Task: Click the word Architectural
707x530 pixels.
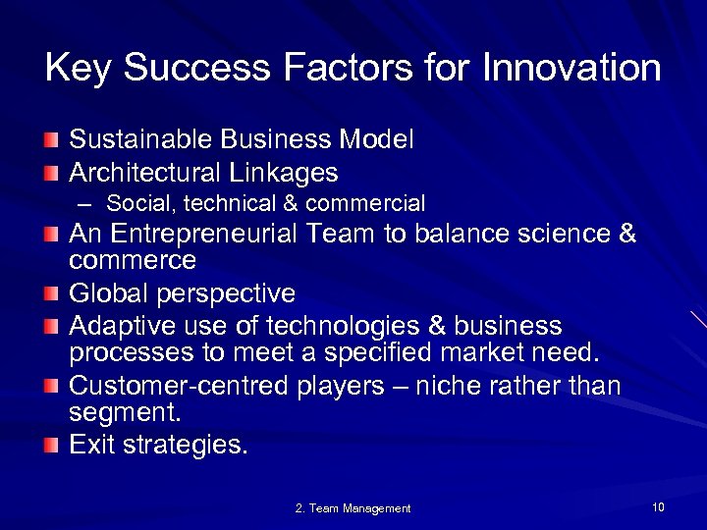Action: point(145,173)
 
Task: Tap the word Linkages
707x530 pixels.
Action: point(285,173)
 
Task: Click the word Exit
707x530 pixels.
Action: point(92,446)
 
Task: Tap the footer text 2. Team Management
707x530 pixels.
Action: point(353,508)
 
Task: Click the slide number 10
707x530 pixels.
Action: point(657,506)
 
